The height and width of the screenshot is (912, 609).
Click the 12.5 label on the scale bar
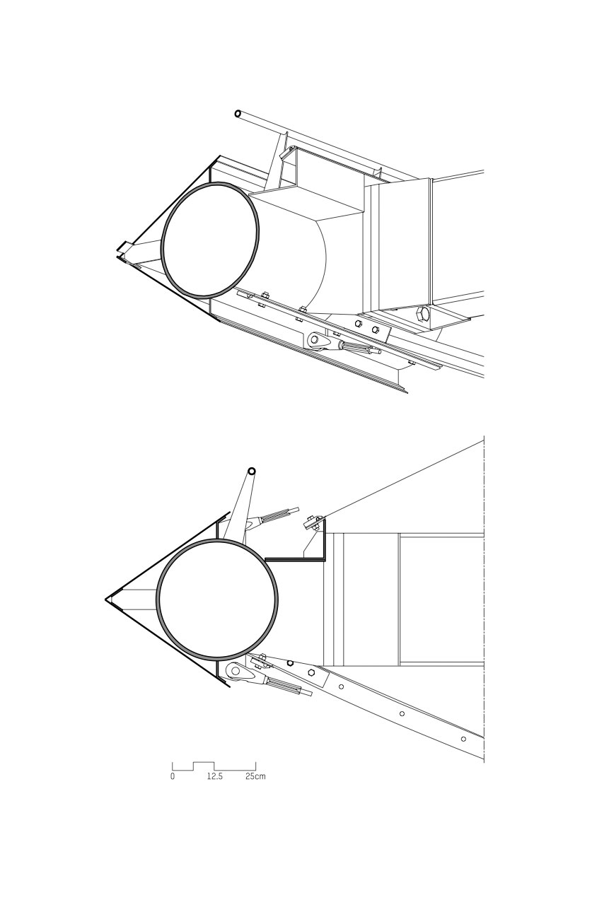(215, 776)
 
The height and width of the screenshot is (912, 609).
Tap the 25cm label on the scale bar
(255, 776)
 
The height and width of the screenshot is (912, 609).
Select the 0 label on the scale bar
(172, 776)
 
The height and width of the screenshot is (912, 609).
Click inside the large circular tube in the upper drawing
(209, 239)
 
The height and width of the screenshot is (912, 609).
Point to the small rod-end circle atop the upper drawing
(238, 113)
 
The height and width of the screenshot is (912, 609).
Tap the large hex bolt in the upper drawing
(423, 315)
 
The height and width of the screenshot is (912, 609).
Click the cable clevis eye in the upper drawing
(315, 341)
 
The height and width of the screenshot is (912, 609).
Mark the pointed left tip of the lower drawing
(107, 600)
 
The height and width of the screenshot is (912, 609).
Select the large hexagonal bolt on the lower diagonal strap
(311, 672)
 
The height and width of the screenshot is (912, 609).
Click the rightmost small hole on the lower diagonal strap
(463, 739)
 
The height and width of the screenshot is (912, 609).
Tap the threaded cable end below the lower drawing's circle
(286, 686)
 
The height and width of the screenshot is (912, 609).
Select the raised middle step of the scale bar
(203, 764)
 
